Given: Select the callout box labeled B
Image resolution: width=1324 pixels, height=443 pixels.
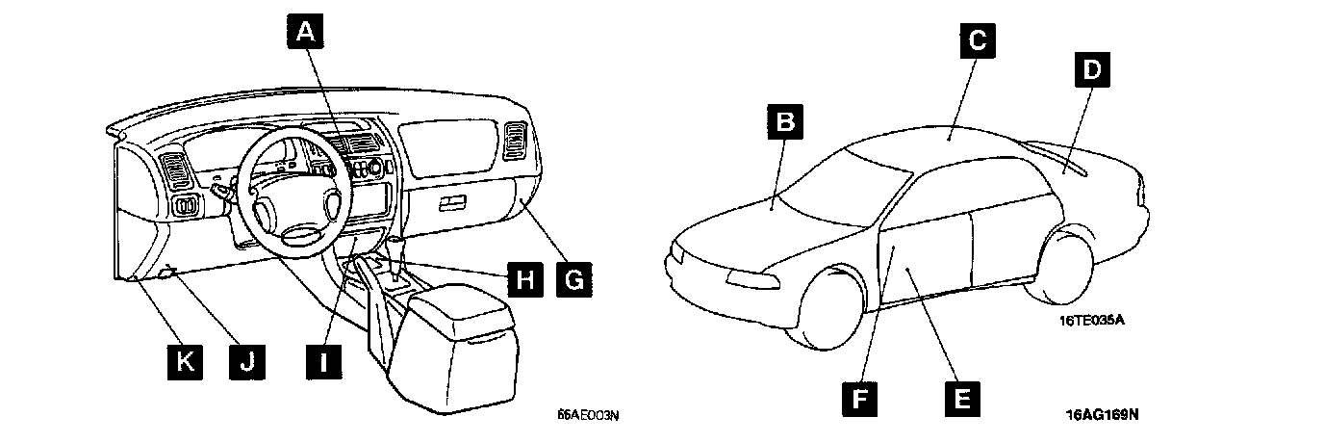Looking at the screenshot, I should pos(786,122).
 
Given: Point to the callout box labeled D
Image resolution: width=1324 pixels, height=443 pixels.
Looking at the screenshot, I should pos(1091,69).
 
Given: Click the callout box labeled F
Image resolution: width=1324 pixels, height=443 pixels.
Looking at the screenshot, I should pos(860,396).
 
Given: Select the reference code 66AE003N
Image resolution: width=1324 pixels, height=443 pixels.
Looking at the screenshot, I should pos(588,416).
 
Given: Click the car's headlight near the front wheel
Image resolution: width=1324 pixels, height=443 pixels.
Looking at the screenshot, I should pos(751,278).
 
